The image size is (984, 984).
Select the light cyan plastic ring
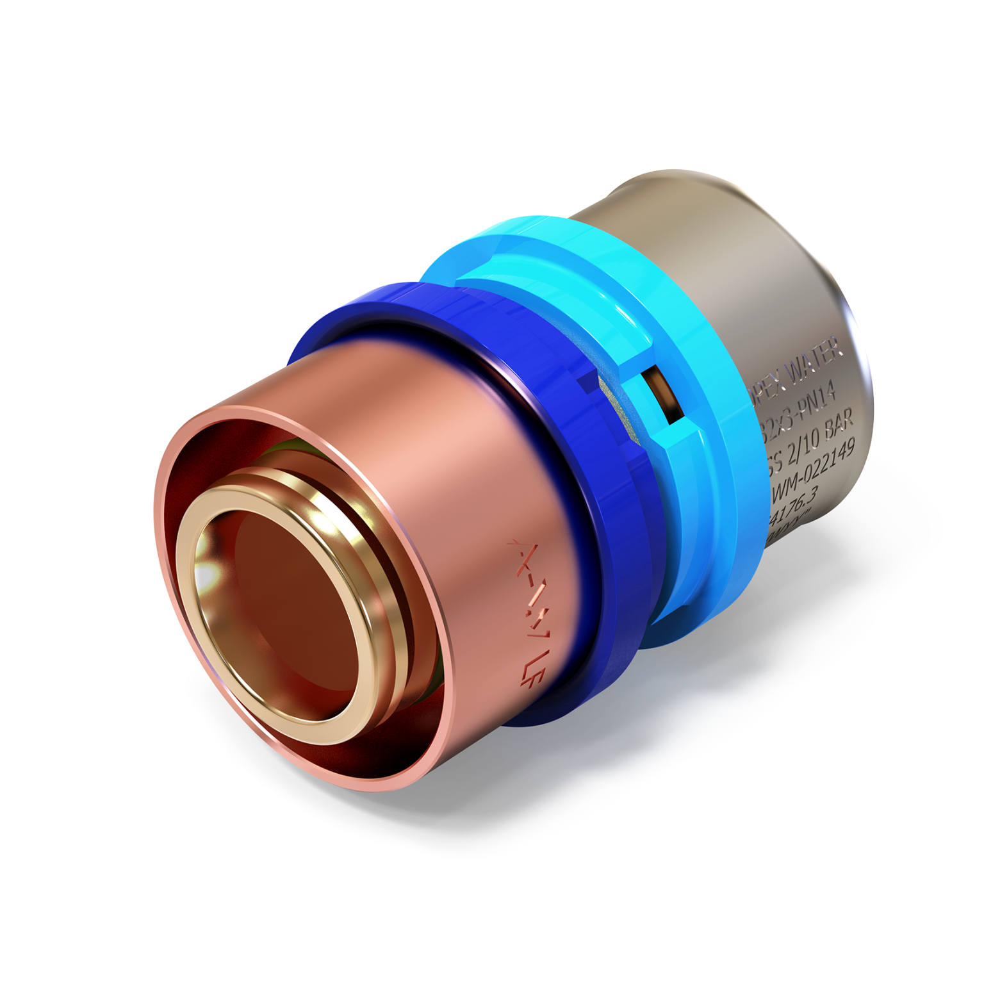click(705, 512)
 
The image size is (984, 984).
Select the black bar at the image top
click(492, 17)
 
